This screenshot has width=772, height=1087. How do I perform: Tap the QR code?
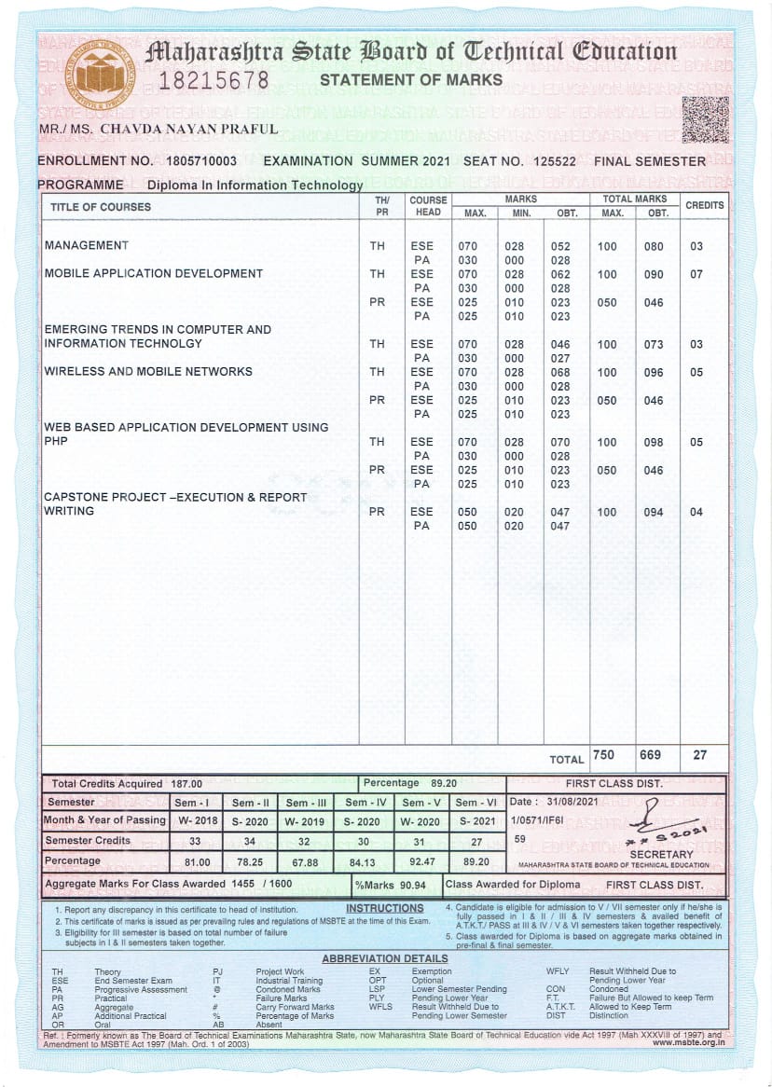click(x=705, y=119)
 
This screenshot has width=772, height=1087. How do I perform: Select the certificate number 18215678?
click(x=214, y=80)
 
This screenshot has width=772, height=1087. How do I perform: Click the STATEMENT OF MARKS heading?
click(x=411, y=80)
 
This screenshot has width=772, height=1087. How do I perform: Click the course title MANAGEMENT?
click(x=87, y=246)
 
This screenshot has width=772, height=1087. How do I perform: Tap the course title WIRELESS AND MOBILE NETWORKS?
click(x=148, y=372)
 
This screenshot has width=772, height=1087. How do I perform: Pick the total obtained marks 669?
click(x=654, y=754)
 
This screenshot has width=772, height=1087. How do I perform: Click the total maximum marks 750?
click(x=603, y=754)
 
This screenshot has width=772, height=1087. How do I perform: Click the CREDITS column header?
click(x=704, y=205)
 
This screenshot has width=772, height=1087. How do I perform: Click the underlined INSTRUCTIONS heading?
click(x=384, y=908)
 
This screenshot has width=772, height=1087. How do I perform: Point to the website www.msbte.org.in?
click(x=689, y=1042)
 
